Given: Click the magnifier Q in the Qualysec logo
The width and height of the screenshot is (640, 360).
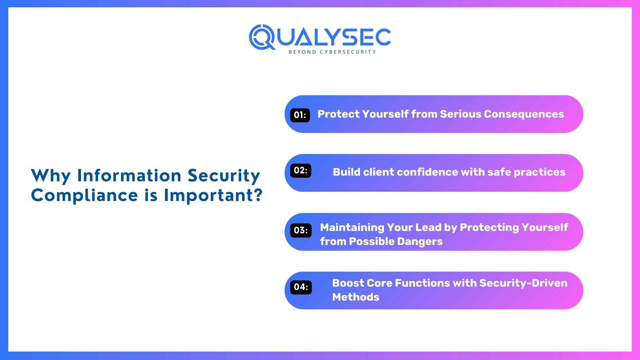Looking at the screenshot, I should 262,37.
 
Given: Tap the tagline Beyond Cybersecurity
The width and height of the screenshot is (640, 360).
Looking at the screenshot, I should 332,52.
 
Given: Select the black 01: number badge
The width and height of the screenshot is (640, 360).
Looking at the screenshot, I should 300,115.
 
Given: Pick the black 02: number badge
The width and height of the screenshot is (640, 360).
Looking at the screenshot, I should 300,170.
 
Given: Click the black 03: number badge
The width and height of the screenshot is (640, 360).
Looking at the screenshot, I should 301,230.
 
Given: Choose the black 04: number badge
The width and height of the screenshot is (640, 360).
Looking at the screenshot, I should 301,287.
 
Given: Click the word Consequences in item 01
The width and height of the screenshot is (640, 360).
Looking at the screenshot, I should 524,114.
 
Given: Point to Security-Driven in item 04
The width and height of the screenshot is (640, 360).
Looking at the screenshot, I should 523,283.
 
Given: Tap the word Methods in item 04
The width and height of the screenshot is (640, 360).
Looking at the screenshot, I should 355,297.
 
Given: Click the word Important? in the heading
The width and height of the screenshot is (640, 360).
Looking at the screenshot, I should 213,195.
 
